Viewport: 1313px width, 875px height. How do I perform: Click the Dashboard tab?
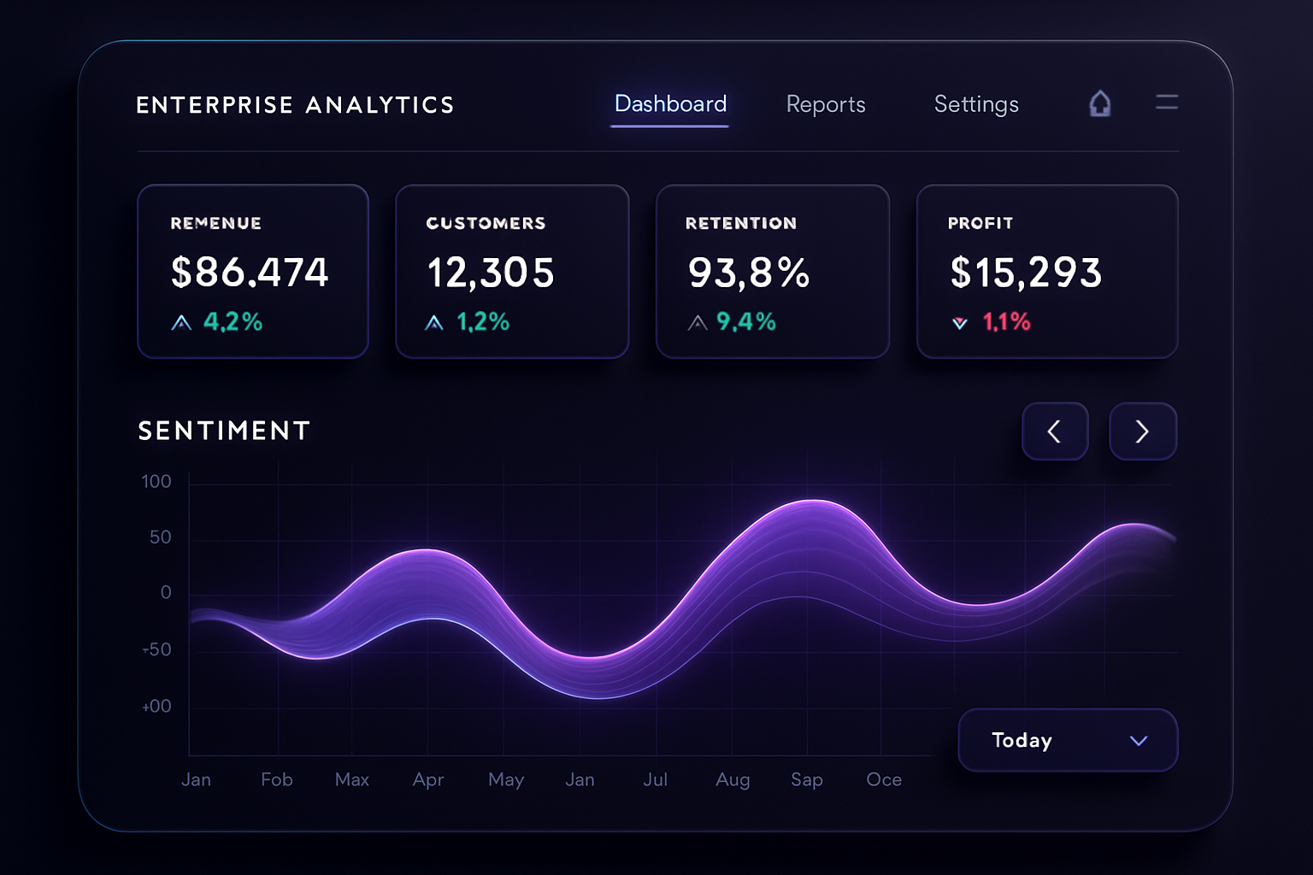(x=670, y=104)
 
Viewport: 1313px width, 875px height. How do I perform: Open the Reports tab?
(x=826, y=104)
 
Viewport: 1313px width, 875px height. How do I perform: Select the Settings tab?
(x=976, y=104)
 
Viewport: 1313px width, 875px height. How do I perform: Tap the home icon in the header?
(x=1100, y=103)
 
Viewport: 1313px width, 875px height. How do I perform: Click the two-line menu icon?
(x=1167, y=103)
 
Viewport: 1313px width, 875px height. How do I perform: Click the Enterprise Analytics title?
(x=295, y=105)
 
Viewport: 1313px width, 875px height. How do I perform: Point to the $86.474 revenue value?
(x=250, y=273)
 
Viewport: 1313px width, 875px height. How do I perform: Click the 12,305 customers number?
(x=491, y=273)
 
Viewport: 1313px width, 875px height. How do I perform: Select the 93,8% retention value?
(x=749, y=273)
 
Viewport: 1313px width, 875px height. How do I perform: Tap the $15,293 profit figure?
(x=1026, y=273)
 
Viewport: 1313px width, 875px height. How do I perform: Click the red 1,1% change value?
(x=1006, y=322)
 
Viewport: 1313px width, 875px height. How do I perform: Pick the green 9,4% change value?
(x=745, y=322)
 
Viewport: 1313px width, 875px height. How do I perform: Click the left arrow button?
(x=1055, y=432)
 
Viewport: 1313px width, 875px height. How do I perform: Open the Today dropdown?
(x=1068, y=740)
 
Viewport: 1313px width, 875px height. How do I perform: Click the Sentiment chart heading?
(x=224, y=431)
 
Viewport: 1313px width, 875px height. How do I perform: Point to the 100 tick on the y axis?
(x=156, y=482)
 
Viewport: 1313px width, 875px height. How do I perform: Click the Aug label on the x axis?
(x=733, y=779)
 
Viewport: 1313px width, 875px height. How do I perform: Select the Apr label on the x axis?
(x=428, y=779)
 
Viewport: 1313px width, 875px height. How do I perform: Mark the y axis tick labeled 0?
(x=166, y=593)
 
